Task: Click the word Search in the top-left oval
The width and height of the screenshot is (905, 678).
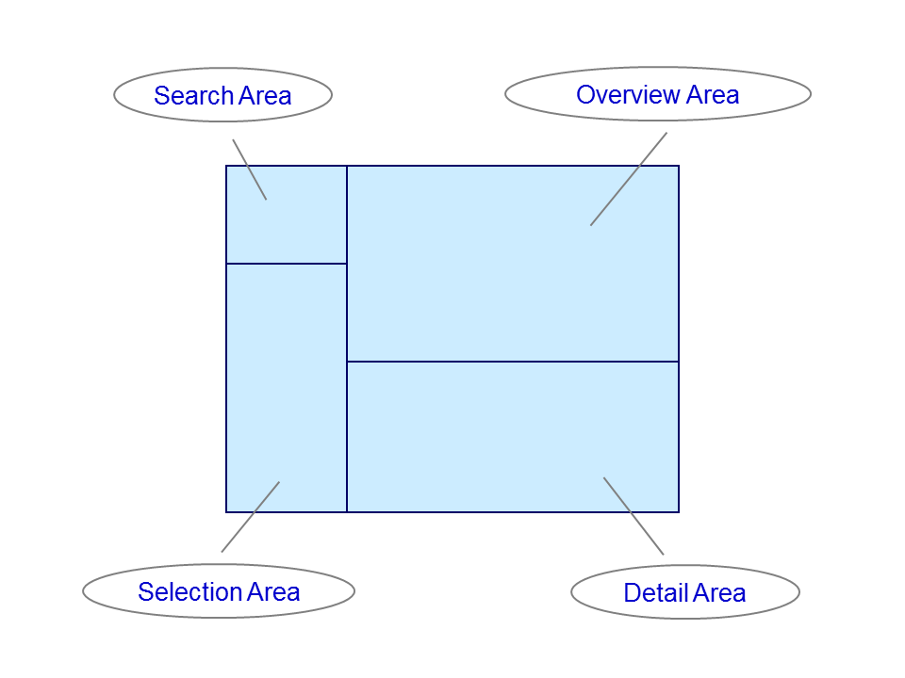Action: (x=193, y=96)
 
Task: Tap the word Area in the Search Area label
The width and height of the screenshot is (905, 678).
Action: (x=265, y=96)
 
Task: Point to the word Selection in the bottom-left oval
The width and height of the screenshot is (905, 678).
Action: (x=189, y=592)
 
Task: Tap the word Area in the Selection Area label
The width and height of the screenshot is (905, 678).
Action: (x=273, y=592)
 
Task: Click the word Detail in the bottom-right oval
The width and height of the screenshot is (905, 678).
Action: (x=656, y=592)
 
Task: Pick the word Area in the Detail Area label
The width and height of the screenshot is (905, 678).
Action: (x=719, y=592)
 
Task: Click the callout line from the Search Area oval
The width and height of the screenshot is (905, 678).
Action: (x=249, y=169)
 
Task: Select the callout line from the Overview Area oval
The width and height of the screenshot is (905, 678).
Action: (x=629, y=179)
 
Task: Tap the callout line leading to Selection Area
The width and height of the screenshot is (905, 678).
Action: (x=251, y=517)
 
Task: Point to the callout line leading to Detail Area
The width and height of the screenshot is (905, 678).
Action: (x=633, y=516)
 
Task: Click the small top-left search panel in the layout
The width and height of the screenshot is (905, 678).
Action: (x=287, y=215)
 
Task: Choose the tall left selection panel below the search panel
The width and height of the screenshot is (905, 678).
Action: (x=287, y=387)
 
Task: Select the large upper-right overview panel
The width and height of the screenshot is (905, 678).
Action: (x=513, y=264)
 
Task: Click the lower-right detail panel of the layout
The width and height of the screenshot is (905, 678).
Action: (x=513, y=437)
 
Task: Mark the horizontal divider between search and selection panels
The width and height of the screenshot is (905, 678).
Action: (x=287, y=264)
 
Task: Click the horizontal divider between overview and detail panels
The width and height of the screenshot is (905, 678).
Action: (x=513, y=362)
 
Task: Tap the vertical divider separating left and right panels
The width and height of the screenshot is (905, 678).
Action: (x=347, y=339)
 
